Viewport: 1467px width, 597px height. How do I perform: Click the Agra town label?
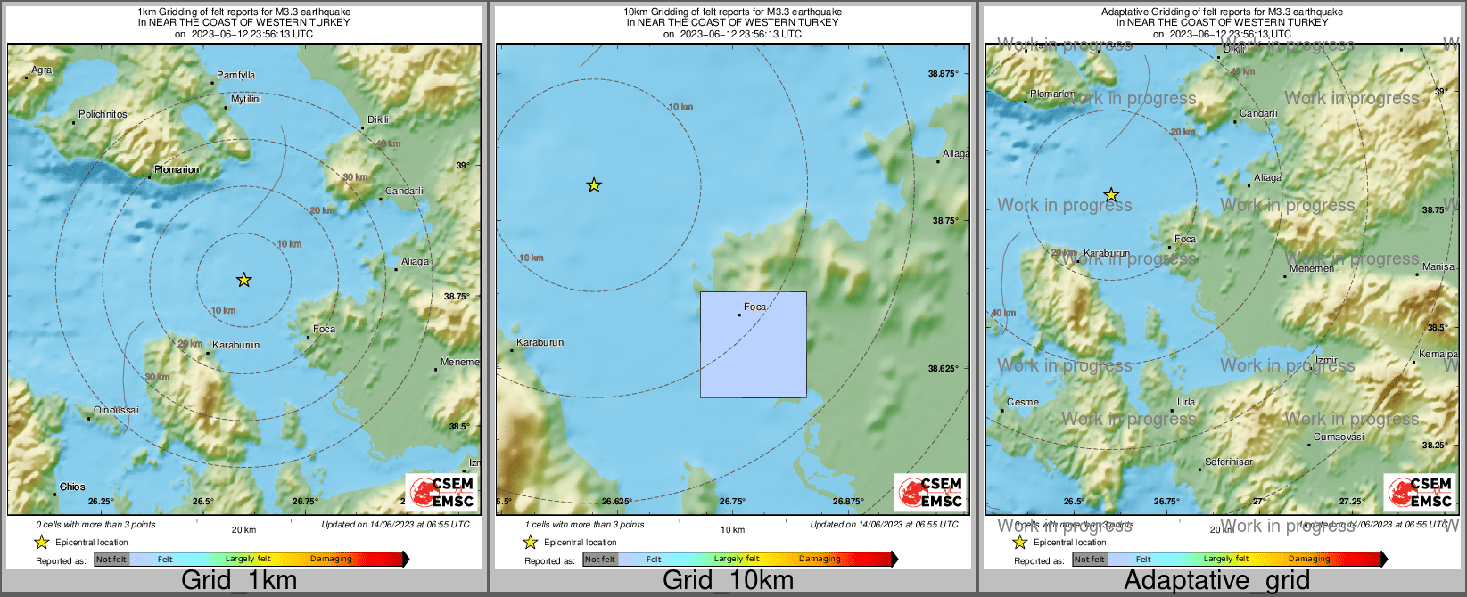pyautogui.click(x=42, y=70)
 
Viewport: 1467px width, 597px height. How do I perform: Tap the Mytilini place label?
pyautogui.click(x=245, y=100)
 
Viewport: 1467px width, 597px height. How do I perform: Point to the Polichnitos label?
pyautogui.click(x=103, y=114)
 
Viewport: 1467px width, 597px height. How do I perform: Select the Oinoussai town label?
pyautogui.click(x=116, y=410)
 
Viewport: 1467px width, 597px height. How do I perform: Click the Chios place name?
pyautogui.click(x=72, y=487)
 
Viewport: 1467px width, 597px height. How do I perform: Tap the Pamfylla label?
pyautogui.click(x=236, y=76)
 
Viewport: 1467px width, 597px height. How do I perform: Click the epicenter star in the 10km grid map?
pyautogui.click(x=594, y=185)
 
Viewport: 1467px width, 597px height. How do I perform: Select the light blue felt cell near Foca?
pyautogui.click(x=754, y=345)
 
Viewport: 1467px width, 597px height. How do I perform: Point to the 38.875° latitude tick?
pyautogui.click(x=943, y=73)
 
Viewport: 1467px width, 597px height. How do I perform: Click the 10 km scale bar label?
pyautogui.click(x=732, y=530)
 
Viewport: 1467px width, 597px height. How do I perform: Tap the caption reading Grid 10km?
pyautogui.click(x=728, y=581)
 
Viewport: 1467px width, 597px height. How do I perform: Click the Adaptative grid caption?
pyautogui.click(x=1216, y=581)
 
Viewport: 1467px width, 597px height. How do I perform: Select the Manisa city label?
pyautogui.click(x=1438, y=266)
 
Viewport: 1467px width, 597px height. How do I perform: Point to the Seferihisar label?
pyautogui.click(x=1229, y=462)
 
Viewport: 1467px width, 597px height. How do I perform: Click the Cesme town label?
pyautogui.click(x=1023, y=402)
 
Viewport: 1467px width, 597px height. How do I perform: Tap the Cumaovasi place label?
pyautogui.click(x=1339, y=437)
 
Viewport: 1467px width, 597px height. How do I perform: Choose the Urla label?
pyautogui.click(x=1186, y=402)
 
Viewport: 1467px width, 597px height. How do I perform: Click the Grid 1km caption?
pyautogui.click(x=239, y=581)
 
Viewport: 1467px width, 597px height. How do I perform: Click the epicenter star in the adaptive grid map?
pyautogui.click(x=1111, y=195)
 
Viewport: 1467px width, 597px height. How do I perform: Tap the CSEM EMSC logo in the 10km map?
pyautogui.click(x=931, y=492)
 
